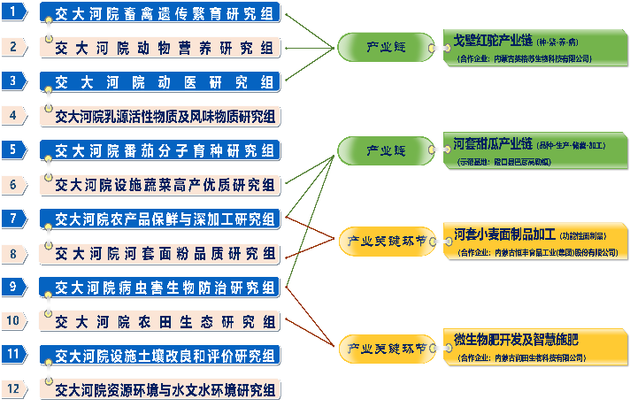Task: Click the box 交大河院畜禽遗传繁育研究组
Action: coord(160,12)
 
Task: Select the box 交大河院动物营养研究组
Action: coord(160,46)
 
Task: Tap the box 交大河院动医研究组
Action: coord(160,81)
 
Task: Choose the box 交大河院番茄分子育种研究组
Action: coord(160,149)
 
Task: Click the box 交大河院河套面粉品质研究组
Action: coord(160,253)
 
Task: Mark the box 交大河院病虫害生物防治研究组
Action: coord(160,287)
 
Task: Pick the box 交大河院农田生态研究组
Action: coord(160,320)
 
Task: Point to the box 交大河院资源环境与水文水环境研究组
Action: coord(160,388)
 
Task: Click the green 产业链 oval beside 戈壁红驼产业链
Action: coord(386,45)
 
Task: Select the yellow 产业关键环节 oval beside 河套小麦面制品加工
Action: coord(386,240)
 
